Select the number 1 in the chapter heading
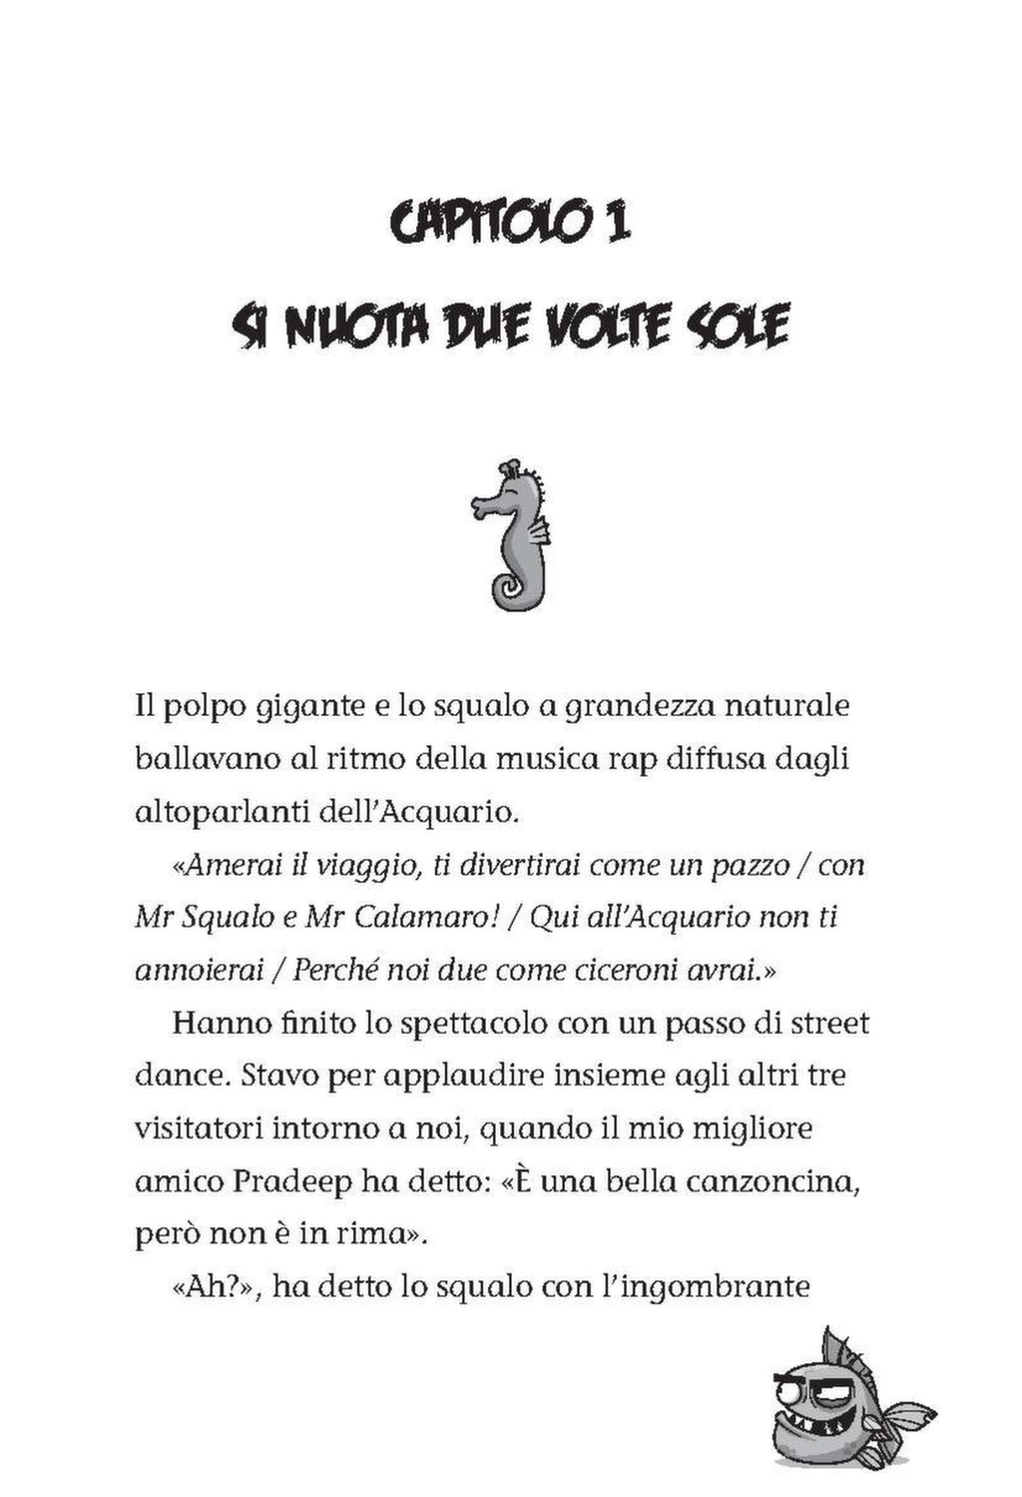(616, 220)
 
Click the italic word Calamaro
(419, 918)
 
